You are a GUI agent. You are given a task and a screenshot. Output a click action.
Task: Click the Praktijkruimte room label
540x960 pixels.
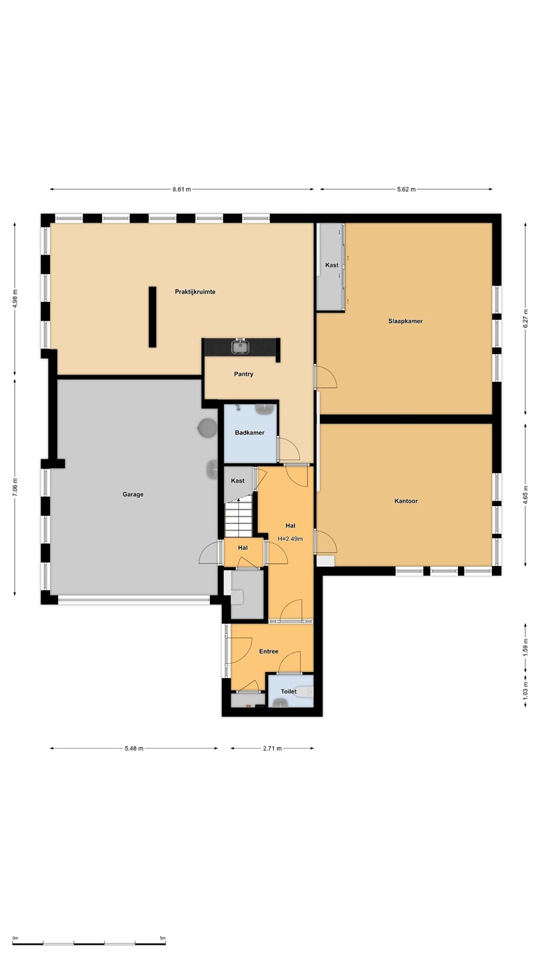pyautogui.click(x=195, y=292)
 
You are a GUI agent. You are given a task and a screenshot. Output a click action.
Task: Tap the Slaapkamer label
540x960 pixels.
pyautogui.click(x=405, y=321)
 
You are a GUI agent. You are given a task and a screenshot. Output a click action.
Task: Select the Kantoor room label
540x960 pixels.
pyautogui.click(x=406, y=501)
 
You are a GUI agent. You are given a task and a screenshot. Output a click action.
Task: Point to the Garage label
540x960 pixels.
pyautogui.click(x=133, y=494)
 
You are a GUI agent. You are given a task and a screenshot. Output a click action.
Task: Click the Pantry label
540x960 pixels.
pyautogui.click(x=243, y=374)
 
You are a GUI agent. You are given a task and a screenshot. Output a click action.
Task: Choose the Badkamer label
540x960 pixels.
pyautogui.click(x=249, y=433)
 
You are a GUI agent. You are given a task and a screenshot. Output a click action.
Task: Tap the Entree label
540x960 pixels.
pyautogui.click(x=269, y=651)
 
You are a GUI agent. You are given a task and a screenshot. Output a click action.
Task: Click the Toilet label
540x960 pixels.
pyautogui.click(x=289, y=691)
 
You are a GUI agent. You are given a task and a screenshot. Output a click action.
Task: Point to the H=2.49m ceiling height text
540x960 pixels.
pyautogui.click(x=290, y=539)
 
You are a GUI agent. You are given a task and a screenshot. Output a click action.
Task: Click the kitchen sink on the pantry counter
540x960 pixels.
pyautogui.click(x=240, y=346)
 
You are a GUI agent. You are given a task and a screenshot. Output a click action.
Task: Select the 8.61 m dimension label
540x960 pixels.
pyautogui.click(x=182, y=189)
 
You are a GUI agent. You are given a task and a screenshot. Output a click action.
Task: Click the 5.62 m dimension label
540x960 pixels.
pyautogui.click(x=406, y=189)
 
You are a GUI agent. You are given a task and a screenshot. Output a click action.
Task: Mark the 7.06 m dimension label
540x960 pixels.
pyautogui.click(x=15, y=487)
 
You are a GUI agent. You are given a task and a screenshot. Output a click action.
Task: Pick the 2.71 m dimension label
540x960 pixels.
pyautogui.click(x=272, y=748)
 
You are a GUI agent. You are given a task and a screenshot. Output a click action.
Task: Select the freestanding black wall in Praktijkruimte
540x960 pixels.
pyautogui.click(x=152, y=317)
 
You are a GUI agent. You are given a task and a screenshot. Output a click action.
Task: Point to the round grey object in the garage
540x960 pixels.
pyautogui.click(x=207, y=428)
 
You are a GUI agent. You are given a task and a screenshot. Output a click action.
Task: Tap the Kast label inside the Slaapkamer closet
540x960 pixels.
pyautogui.click(x=332, y=265)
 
